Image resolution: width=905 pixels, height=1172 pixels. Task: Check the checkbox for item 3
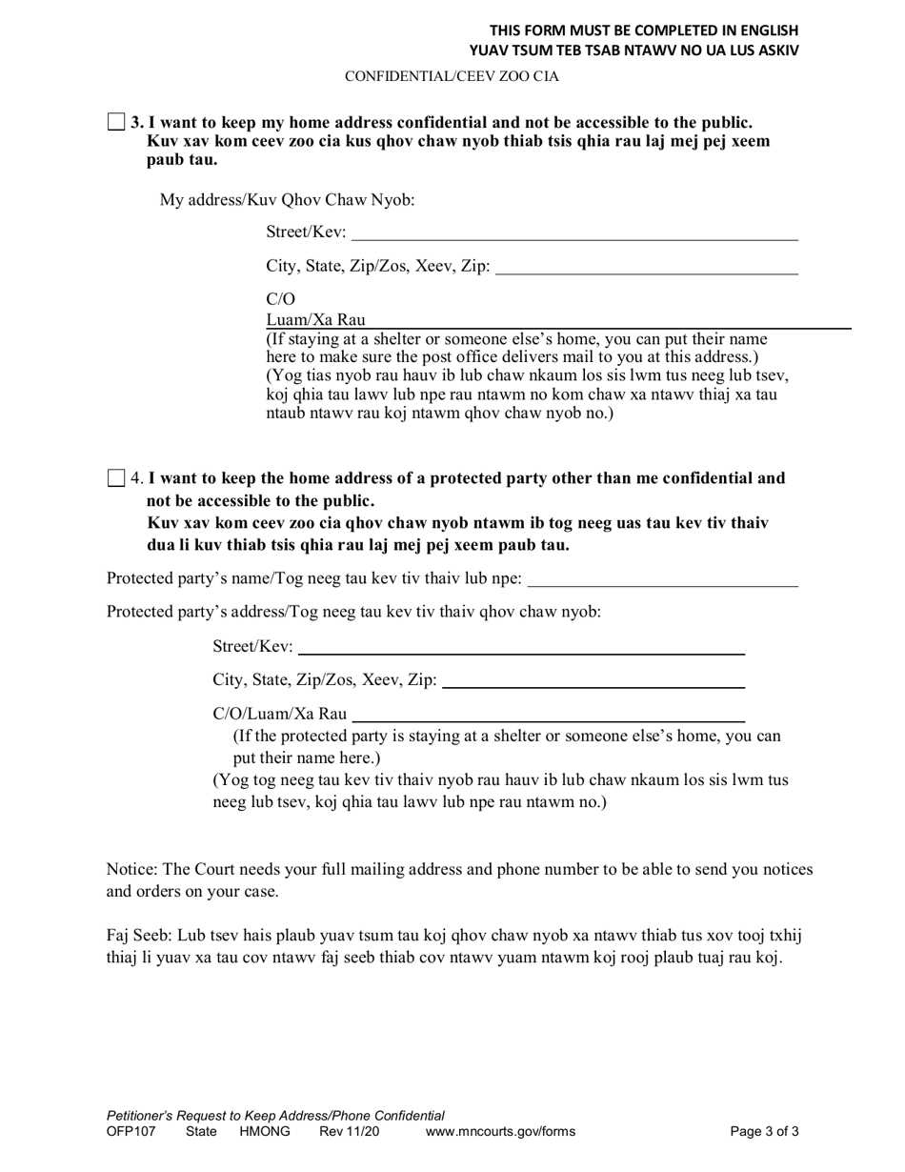coord(116,122)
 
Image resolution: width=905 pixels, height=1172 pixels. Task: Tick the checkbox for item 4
coord(116,478)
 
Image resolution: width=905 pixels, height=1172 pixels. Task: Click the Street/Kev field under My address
coord(574,232)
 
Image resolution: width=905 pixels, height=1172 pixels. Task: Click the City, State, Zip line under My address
coord(647,267)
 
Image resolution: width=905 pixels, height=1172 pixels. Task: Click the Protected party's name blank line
coord(662,579)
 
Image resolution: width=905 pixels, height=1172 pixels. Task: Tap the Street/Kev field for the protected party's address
coord(521,647)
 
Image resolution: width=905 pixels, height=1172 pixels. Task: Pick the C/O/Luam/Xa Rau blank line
coord(549,714)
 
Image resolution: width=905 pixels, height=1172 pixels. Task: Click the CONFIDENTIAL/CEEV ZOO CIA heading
coord(452,76)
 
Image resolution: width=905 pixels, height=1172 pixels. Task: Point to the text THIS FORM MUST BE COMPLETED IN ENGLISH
coord(644,30)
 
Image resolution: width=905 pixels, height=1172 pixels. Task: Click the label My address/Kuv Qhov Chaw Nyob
coord(287,200)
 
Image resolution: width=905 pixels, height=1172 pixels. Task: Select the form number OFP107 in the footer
coord(130,1133)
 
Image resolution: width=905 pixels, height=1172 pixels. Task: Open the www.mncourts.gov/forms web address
coord(500,1133)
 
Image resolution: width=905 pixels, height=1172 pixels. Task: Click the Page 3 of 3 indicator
coord(764,1133)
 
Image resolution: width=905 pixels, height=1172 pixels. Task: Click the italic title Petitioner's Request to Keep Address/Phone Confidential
coord(275,1116)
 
